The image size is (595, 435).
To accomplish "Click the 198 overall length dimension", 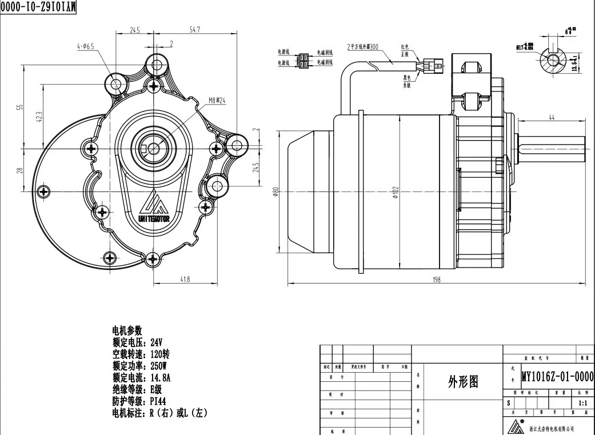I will pos(436,279).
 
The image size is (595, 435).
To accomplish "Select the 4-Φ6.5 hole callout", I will pos(86,46).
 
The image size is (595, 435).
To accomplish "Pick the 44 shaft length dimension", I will pos(552,117).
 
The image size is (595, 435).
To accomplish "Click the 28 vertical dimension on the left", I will pos(19,170).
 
